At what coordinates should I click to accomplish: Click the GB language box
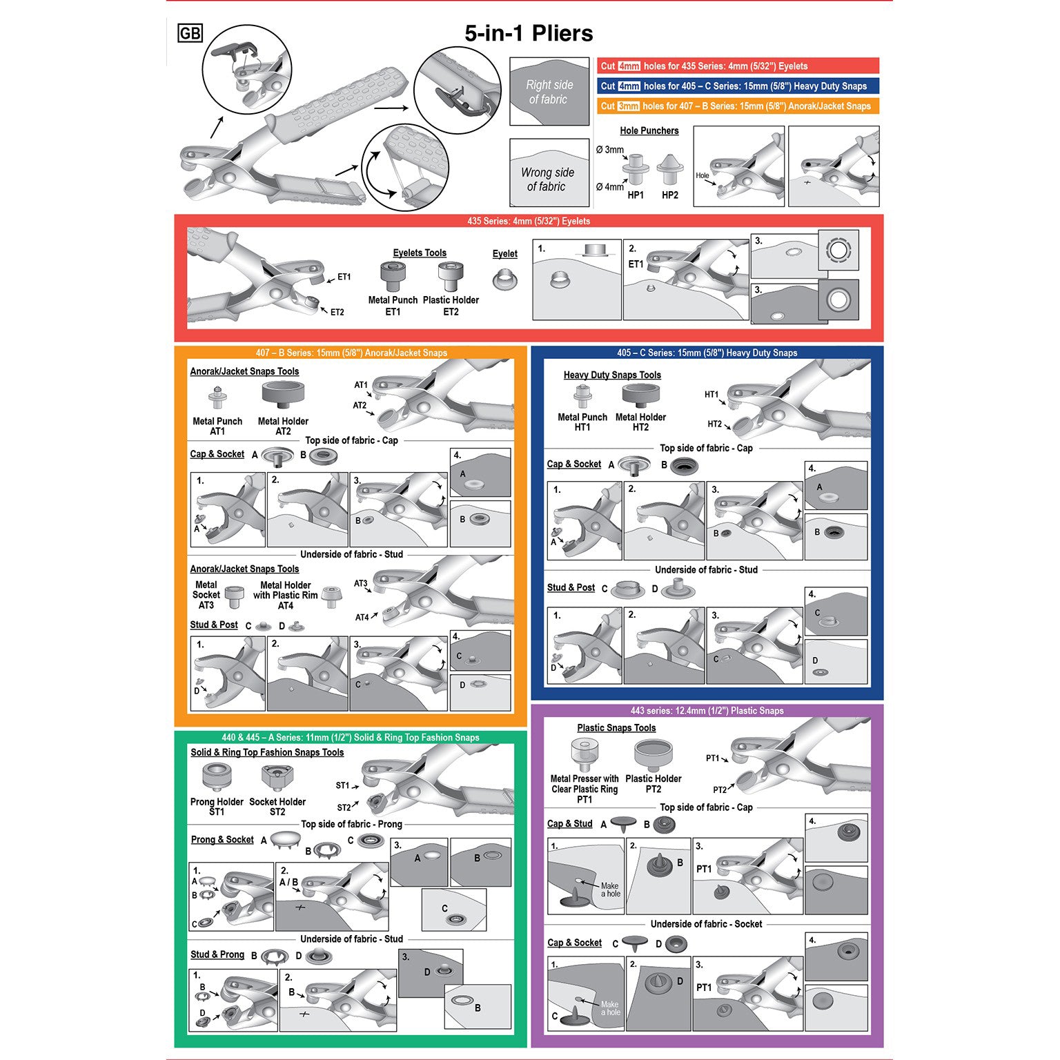coord(190,33)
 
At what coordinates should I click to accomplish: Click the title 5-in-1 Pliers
coord(529,33)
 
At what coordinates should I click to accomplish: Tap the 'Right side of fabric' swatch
coord(549,92)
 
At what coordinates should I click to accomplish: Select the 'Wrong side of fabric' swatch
coord(549,173)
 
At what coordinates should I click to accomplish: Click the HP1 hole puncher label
coord(636,195)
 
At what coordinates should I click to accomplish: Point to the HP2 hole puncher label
coord(670,195)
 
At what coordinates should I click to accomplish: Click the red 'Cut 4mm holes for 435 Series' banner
coord(738,66)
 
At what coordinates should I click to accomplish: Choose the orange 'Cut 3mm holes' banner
coord(738,106)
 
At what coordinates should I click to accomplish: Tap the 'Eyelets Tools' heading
coord(420,253)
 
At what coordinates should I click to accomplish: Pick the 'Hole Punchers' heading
coord(649,130)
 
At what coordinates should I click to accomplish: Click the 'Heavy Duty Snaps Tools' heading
coord(612,375)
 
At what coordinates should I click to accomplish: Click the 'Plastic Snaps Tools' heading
coord(616,728)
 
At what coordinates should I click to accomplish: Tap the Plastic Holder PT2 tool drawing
coord(653,755)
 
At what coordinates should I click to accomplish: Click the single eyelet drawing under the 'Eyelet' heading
coord(505,279)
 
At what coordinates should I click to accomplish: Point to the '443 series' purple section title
coord(707,710)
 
